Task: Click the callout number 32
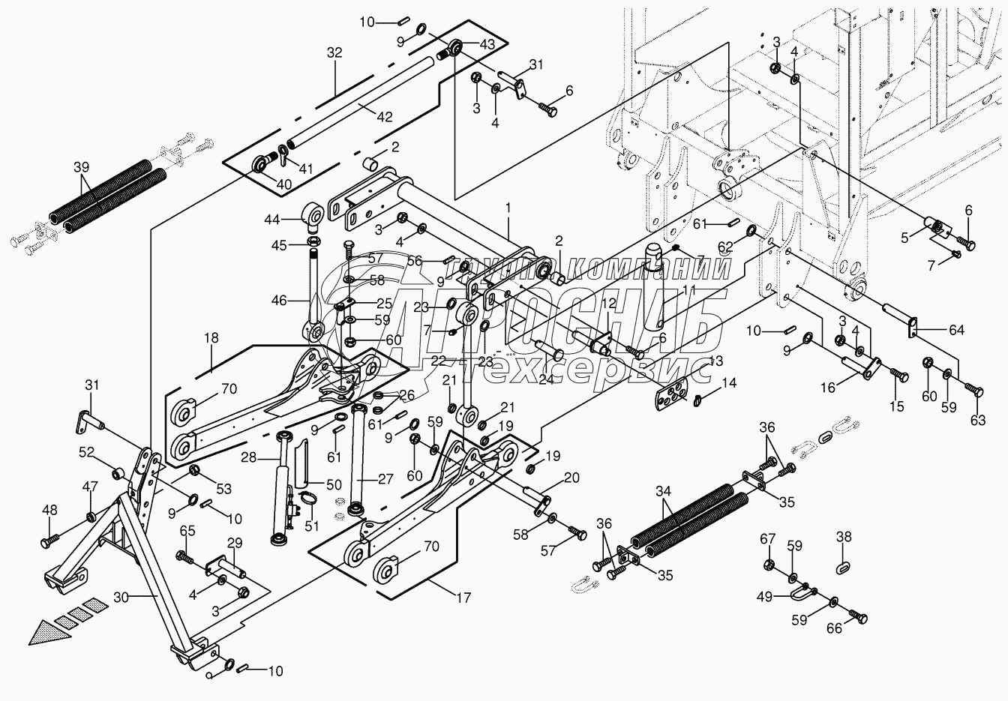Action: point(334,52)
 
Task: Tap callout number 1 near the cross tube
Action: point(508,224)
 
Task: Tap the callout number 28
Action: point(248,457)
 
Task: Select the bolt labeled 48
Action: point(50,539)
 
